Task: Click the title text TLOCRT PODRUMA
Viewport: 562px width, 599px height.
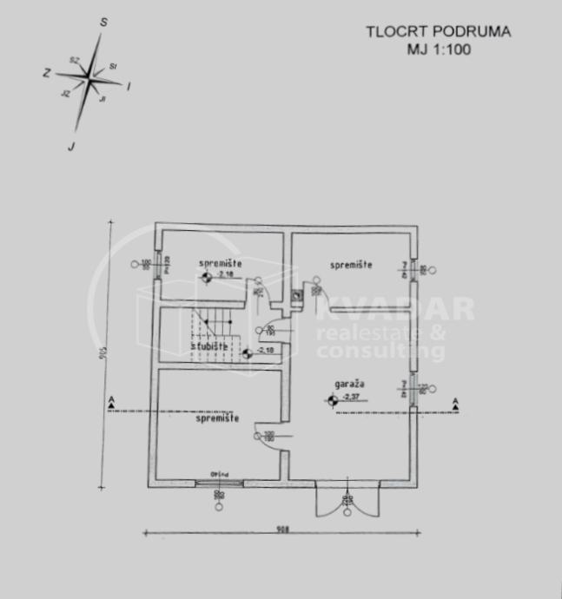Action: click(438, 32)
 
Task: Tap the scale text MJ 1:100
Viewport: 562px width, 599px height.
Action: click(439, 49)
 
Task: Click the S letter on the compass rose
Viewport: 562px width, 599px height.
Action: click(103, 23)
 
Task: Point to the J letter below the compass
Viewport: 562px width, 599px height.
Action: click(70, 146)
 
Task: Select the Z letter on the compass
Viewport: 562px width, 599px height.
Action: click(45, 74)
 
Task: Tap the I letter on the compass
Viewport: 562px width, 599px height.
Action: click(129, 86)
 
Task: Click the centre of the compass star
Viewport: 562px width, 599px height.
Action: click(90, 80)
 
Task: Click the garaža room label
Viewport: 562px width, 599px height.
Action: click(347, 383)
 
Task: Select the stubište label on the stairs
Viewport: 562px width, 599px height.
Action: click(209, 346)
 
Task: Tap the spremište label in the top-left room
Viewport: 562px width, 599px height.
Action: click(220, 263)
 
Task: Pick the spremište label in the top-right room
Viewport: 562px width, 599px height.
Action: click(350, 264)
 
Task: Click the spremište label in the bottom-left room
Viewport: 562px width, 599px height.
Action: click(218, 418)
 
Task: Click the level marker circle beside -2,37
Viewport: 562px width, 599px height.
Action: click(332, 400)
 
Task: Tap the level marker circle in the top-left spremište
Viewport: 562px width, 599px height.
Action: click(206, 278)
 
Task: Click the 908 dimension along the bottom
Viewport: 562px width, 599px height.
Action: click(281, 528)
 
